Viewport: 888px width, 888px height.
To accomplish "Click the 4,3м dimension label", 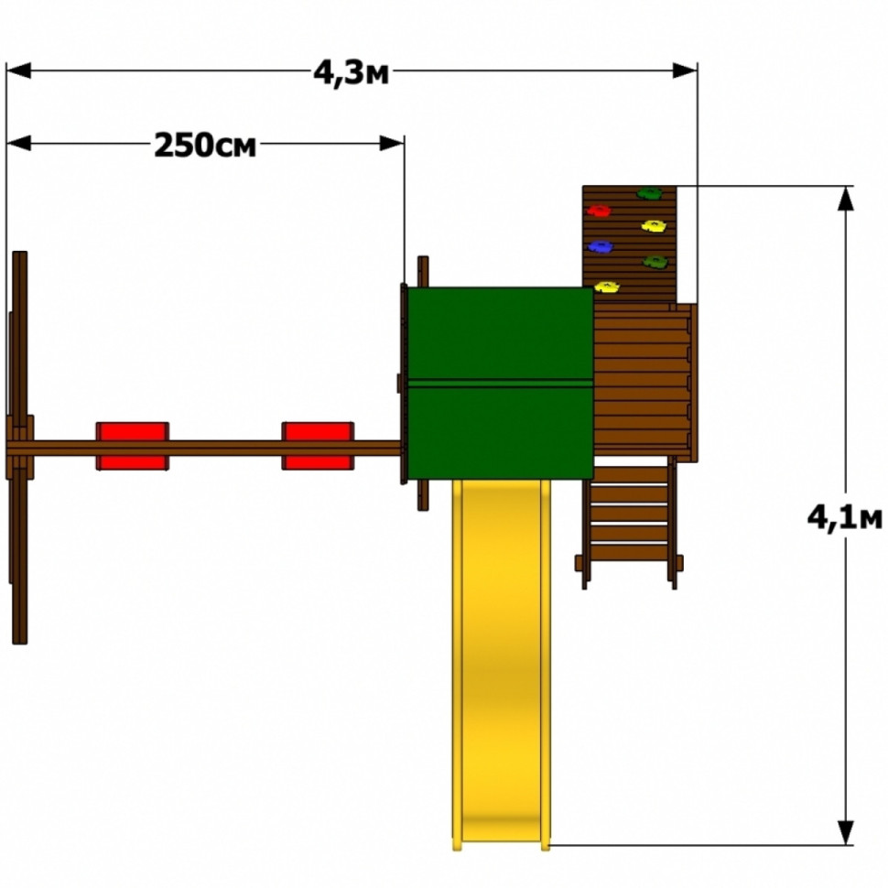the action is (352, 72).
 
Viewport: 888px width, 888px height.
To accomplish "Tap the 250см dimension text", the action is (205, 145).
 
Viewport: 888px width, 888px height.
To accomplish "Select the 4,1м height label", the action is (844, 517).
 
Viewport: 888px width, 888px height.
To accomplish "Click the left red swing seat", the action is (133, 446).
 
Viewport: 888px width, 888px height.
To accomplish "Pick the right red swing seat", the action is (319, 446).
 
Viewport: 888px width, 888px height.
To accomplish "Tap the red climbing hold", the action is (599, 211).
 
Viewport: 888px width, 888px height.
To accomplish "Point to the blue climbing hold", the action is (601, 246).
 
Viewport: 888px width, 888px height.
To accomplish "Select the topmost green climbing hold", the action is (649, 194).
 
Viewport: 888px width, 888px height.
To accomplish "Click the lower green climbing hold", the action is (655, 262).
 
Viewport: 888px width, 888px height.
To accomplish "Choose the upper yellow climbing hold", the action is (654, 226).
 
